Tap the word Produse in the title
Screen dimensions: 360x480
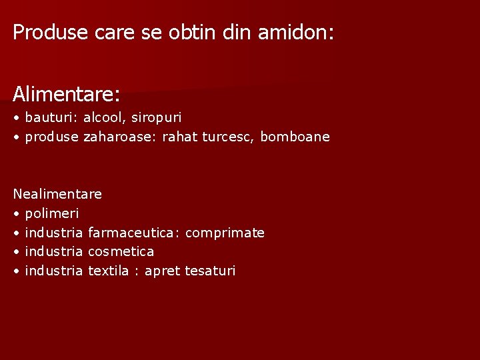[51, 32]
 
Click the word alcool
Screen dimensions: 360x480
[103, 117]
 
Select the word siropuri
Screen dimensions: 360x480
[156, 118]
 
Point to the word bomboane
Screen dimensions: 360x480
[295, 137]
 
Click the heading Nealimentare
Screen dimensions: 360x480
[57, 194]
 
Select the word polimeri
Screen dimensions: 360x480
[51, 214]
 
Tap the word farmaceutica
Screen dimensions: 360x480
[133, 233]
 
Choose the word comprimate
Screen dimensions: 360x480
[225, 233]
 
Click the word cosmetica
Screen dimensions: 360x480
[121, 251]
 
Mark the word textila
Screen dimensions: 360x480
[108, 271]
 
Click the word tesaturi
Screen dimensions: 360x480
[210, 271]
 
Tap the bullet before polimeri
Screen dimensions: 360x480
[16, 214]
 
